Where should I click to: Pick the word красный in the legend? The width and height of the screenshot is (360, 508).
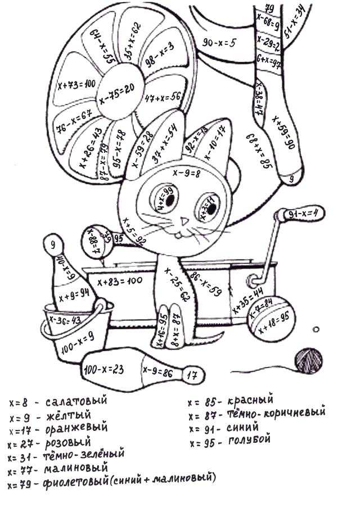coord(250,401)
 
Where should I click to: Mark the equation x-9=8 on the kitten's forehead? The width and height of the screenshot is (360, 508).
coord(187,174)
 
